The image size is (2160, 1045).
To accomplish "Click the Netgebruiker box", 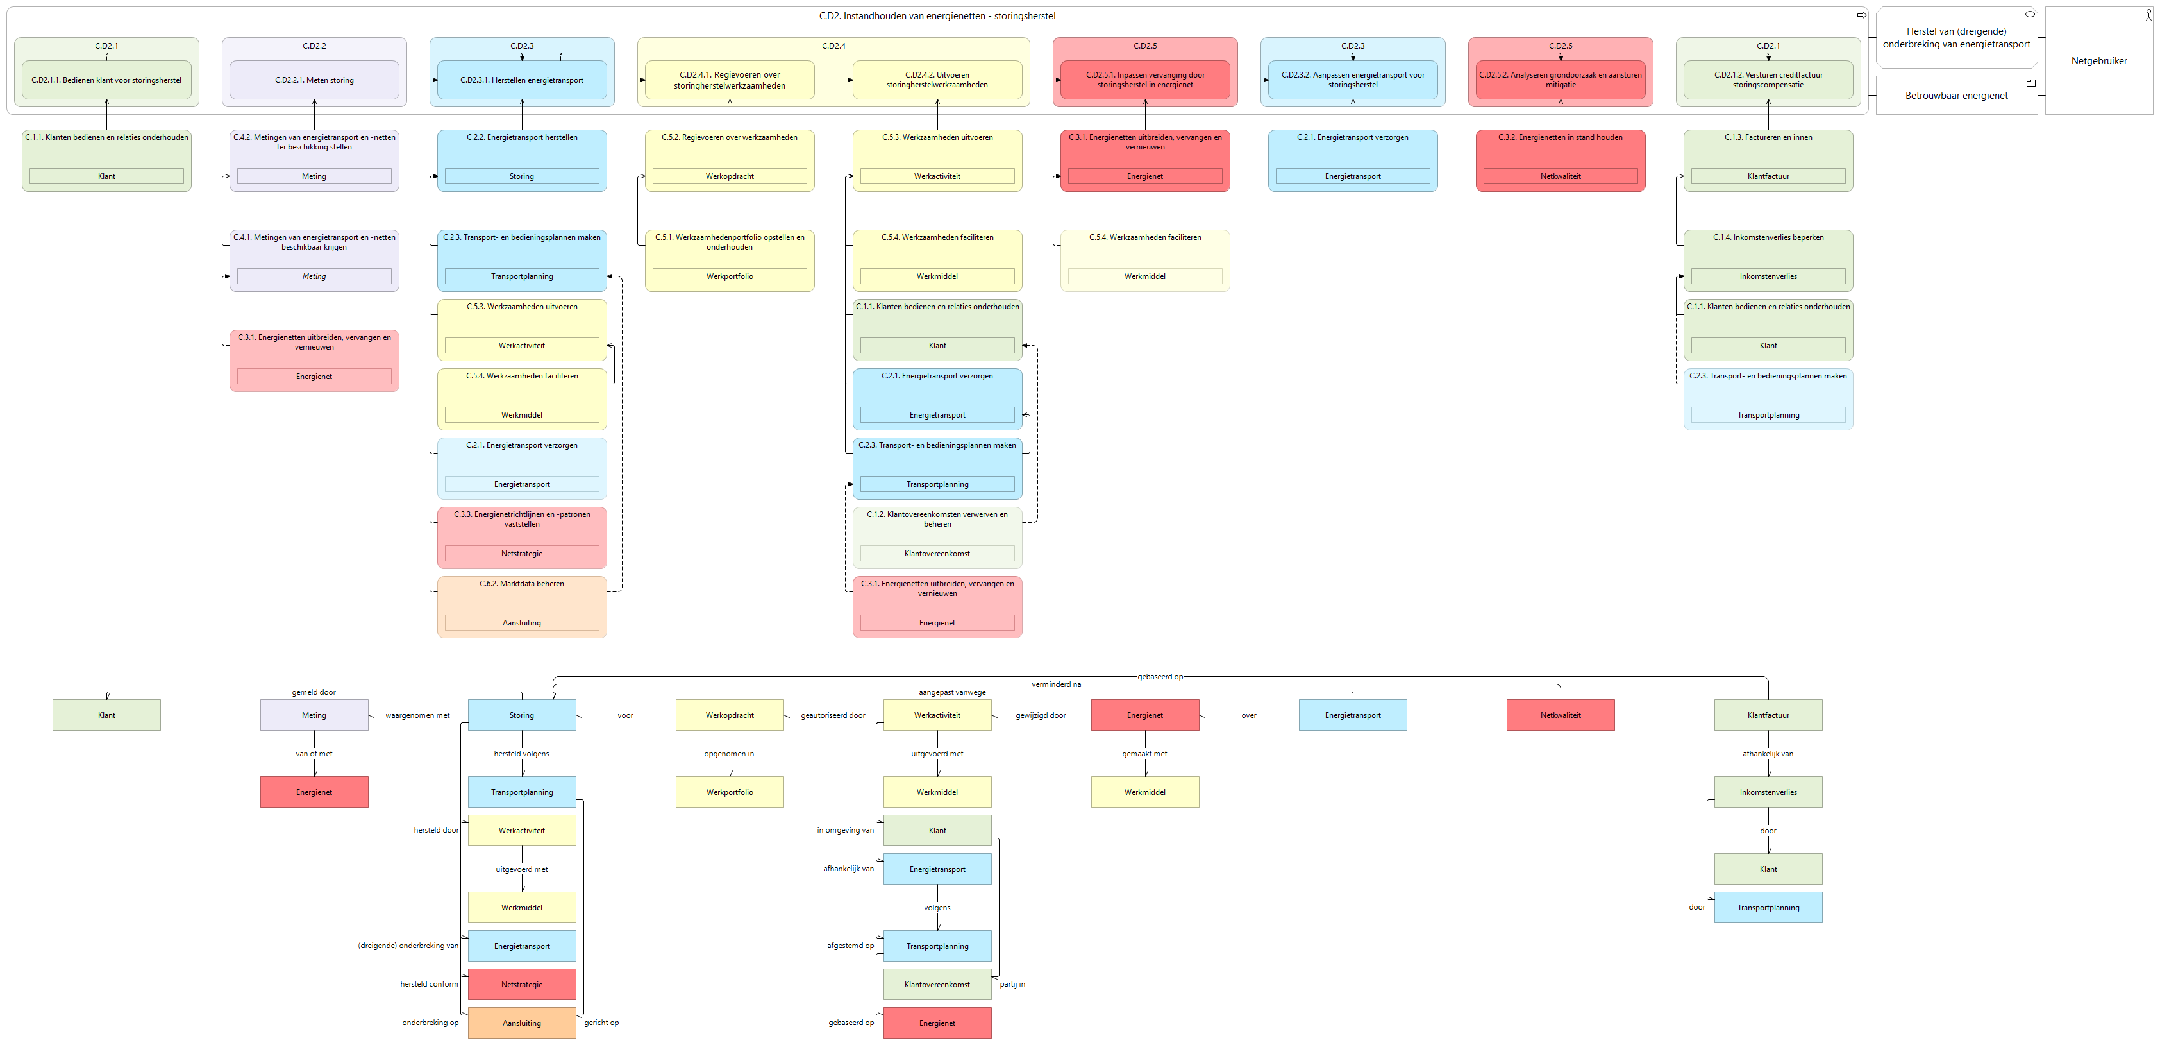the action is pos(2099,60).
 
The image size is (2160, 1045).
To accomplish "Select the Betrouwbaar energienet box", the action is pos(1956,95).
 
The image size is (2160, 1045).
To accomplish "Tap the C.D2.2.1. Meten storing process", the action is pos(314,80).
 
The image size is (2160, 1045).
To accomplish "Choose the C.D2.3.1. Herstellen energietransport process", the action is pos(521,80).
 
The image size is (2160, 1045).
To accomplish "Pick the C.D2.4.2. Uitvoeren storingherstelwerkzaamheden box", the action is pos(937,80).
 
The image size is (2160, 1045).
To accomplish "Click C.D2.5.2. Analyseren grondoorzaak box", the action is pos(1561,80).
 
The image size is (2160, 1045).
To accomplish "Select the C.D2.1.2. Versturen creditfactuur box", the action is pos(1768,80).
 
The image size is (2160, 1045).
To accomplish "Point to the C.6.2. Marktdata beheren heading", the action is pos(521,584).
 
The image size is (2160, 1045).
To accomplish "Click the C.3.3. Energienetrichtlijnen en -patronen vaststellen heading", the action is pos(521,519).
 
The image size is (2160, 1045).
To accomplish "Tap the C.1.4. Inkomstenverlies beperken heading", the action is pos(1768,237).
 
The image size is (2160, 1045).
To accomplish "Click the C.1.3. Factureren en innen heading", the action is pos(1768,137).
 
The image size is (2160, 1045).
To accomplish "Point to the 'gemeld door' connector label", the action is pos(314,692).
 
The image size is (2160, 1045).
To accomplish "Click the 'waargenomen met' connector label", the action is pos(417,715).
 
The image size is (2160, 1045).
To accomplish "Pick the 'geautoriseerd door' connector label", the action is pos(833,715).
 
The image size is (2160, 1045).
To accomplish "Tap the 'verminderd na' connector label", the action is pos(1057,684).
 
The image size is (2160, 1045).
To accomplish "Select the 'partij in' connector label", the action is pos(1012,984).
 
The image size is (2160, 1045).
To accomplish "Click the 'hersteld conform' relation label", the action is pos(430,984).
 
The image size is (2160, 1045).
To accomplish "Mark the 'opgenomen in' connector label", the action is pos(729,753).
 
